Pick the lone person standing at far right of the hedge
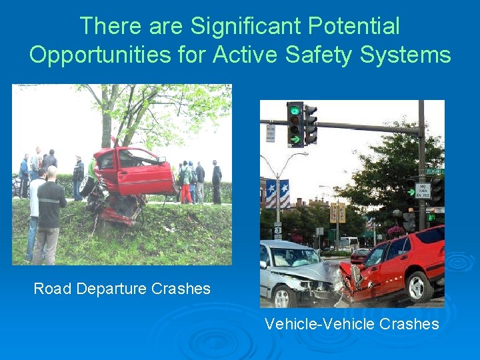[x=217, y=182]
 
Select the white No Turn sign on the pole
[x=423, y=191]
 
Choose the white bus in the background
[x=349, y=244]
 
